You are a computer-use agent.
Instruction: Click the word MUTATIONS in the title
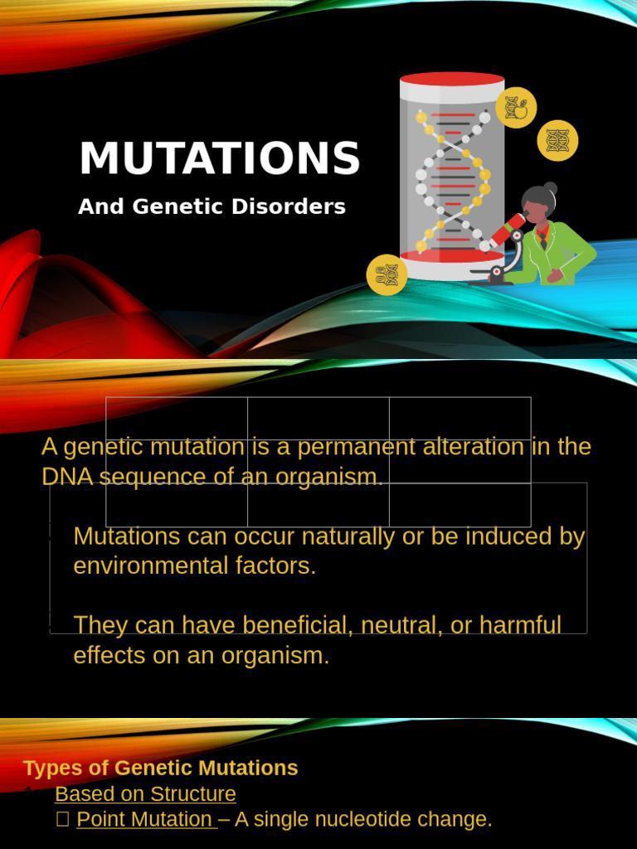tap(220, 158)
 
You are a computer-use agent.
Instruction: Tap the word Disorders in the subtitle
tap(299, 206)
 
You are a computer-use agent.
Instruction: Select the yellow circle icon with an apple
tap(516, 108)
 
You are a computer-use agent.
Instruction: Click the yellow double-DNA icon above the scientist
tap(557, 140)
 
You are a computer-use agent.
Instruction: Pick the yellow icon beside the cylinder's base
tap(387, 274)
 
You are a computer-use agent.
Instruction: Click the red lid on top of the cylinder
tap(452, 80)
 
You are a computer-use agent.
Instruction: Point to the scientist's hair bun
tap(550, 188)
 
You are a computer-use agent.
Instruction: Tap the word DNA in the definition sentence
tap(66, 477)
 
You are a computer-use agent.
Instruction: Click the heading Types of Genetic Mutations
tap(161, 768)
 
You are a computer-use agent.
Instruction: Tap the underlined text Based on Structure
tap(145, 793)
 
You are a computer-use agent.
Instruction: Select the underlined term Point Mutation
tap(144, 819)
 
